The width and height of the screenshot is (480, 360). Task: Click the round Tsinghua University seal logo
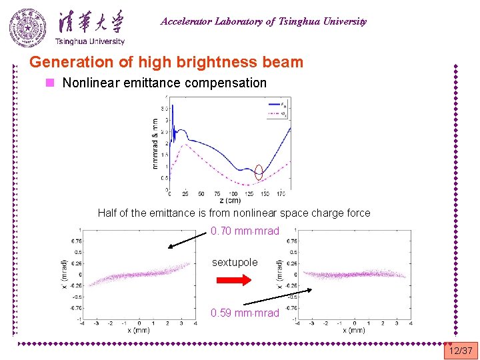coord(28,28)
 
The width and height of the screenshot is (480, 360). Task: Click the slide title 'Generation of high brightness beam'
coord(166,63)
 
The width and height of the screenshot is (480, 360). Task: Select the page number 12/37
coord(461,351)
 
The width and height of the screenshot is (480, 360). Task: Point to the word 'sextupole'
coord(235,262)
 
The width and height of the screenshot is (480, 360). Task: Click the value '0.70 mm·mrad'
coord(245,231)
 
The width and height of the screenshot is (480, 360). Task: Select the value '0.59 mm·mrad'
coord(245,313)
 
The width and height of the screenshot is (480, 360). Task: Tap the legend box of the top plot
coord(279,109)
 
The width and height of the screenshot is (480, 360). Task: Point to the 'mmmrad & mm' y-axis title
coord(156,143)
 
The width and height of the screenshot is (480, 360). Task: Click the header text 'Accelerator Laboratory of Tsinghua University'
coord(263,21)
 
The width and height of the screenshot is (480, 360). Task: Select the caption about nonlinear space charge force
coord(233,213)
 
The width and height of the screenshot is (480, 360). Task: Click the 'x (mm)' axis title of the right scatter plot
coord(353,330)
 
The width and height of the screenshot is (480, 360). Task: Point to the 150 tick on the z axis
coord(265,194)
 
